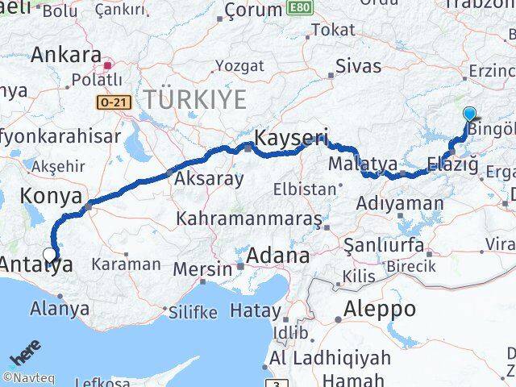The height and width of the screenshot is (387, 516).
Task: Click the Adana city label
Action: tap(278, 256)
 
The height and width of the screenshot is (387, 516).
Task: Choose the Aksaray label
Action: tap(209, 177)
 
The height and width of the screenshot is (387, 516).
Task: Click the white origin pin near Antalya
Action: tap(49, 256)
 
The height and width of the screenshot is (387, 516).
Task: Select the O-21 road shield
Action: tap(110, 102)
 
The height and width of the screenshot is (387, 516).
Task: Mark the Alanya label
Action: tap(60, 307)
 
